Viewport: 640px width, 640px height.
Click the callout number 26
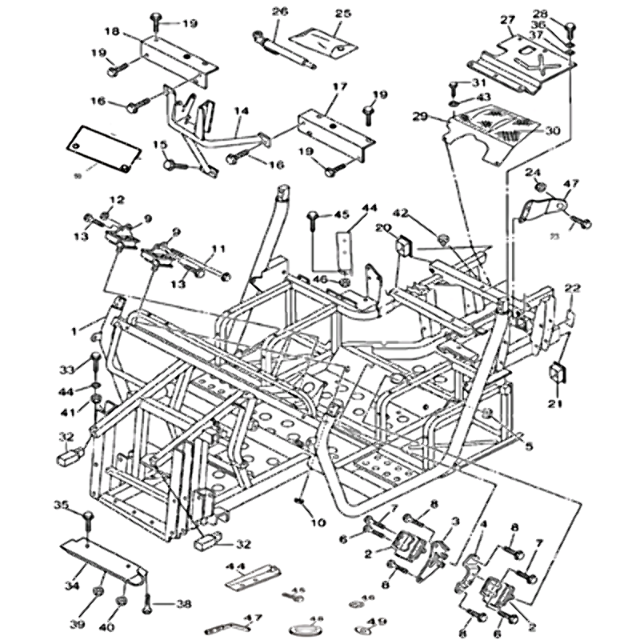point(279,11)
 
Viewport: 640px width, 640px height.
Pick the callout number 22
point(573,288)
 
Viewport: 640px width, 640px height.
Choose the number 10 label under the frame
point(318,522)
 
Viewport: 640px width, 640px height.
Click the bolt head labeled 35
point(88,516)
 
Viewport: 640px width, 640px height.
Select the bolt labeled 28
point(569,30)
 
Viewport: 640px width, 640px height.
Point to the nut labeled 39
point(96,590)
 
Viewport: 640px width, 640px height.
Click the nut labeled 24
point(540,186)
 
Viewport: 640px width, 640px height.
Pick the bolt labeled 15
point(172,164)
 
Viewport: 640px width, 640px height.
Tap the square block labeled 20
point(404,245)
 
